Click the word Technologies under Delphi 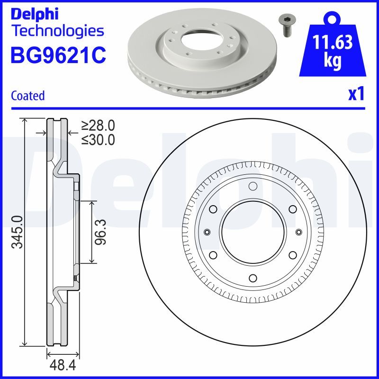pos(57,31)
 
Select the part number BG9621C pos(58,55)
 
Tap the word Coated pos(27,96)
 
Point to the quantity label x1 pos(356,95)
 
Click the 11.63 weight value pos(333,43)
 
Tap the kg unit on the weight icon pos(333,62)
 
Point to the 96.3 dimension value pos(100,232)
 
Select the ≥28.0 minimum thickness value pos(98,126)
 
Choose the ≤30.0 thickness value pos(98,139)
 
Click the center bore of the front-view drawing pos(253,232)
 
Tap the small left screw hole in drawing pos(207,232)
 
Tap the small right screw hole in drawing pos(298,232)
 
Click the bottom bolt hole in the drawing pos(253,278)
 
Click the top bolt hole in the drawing pos(253,186)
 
